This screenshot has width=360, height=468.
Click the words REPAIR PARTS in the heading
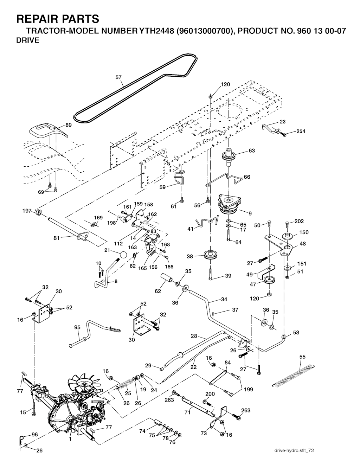(x=57, y=19)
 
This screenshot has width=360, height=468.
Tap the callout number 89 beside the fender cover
(x=68, y=125)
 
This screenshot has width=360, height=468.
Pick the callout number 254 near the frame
(x=301, y=131)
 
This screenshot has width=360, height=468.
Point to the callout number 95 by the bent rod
(x=77, y=327)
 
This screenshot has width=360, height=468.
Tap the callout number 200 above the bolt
(x=210, y=394)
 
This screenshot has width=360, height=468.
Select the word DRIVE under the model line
(x=28, y=40)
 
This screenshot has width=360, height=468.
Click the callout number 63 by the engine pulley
(x=252, y=151)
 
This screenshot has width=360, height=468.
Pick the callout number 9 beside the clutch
(x=250, y=213)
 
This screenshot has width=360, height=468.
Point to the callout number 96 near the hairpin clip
(x=34, y=435)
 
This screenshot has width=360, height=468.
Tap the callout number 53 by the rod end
(x=296, y=332)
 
